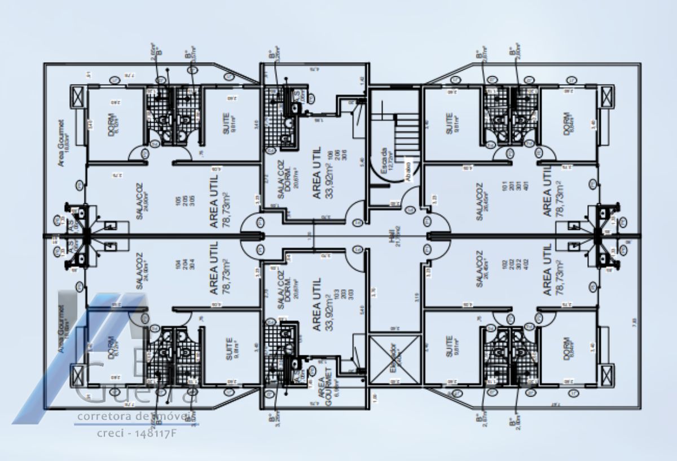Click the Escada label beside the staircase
(x=384, y=160)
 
